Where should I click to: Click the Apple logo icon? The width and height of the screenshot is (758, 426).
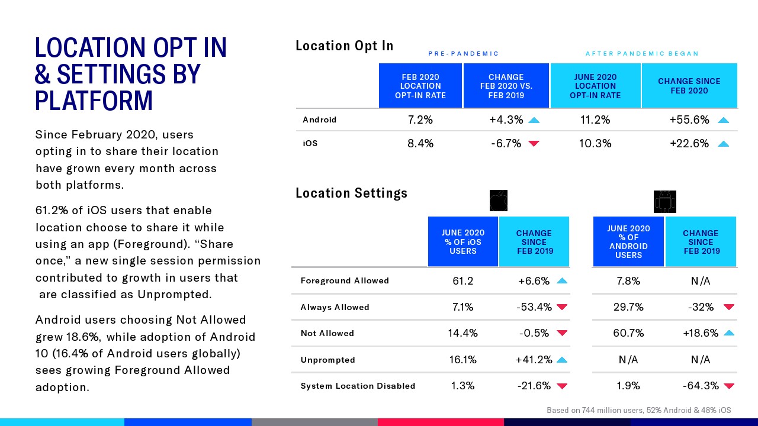499,201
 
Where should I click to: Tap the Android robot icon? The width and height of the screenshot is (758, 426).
664,202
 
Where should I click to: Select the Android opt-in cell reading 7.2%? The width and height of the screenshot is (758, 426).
420,120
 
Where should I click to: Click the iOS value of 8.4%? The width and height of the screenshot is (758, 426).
420,143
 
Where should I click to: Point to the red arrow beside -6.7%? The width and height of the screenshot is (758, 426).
534,144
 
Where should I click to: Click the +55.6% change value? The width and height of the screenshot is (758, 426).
689,120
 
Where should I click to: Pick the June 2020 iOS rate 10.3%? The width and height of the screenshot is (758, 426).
595,143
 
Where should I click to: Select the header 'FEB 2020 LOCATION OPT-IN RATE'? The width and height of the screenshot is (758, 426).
420,86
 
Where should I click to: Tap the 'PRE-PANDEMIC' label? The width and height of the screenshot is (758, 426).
464,54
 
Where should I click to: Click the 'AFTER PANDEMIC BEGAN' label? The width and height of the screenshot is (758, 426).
642,54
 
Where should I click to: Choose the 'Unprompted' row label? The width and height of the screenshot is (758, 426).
327,360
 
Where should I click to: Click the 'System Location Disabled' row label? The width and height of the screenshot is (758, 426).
358,386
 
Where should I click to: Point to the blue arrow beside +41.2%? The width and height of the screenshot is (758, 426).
562,360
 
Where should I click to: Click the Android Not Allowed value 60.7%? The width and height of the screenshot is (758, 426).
628,333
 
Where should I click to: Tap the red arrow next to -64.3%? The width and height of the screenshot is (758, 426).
729,386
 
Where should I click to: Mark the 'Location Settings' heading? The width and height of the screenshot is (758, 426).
351,193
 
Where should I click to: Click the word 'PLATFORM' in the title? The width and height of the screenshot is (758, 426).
94,101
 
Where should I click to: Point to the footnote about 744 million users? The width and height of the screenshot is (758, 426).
638,410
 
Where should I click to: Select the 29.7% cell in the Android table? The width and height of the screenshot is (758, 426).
628,307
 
